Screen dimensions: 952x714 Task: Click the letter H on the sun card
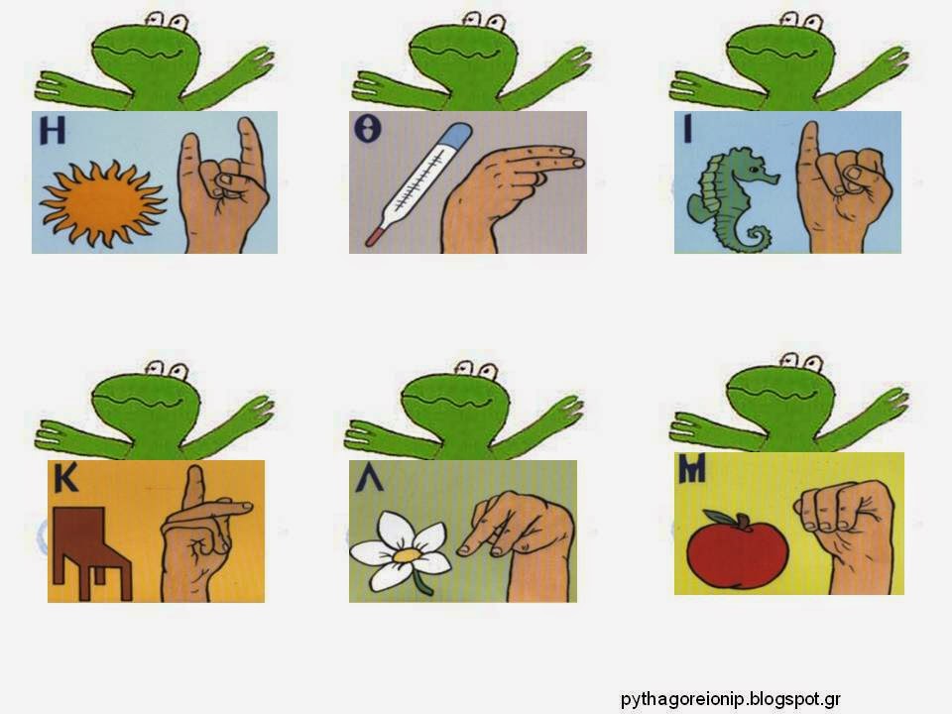[53, 131]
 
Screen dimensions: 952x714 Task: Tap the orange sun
[102, 202]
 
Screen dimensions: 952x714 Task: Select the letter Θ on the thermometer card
[368, 129]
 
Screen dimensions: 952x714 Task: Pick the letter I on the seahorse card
[687, 129]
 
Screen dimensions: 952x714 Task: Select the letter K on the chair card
[65, 478]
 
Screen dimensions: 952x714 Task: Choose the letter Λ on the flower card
[369, 478]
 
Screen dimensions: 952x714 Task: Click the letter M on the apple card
[692, 470]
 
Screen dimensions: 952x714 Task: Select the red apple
[738, 550]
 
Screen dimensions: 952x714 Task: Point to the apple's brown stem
[742, 521]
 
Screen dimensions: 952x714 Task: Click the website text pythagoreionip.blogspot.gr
[731, 699]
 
